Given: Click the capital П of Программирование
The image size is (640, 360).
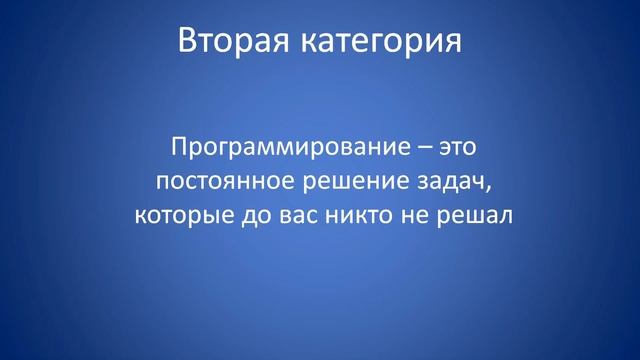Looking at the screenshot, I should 179,148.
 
